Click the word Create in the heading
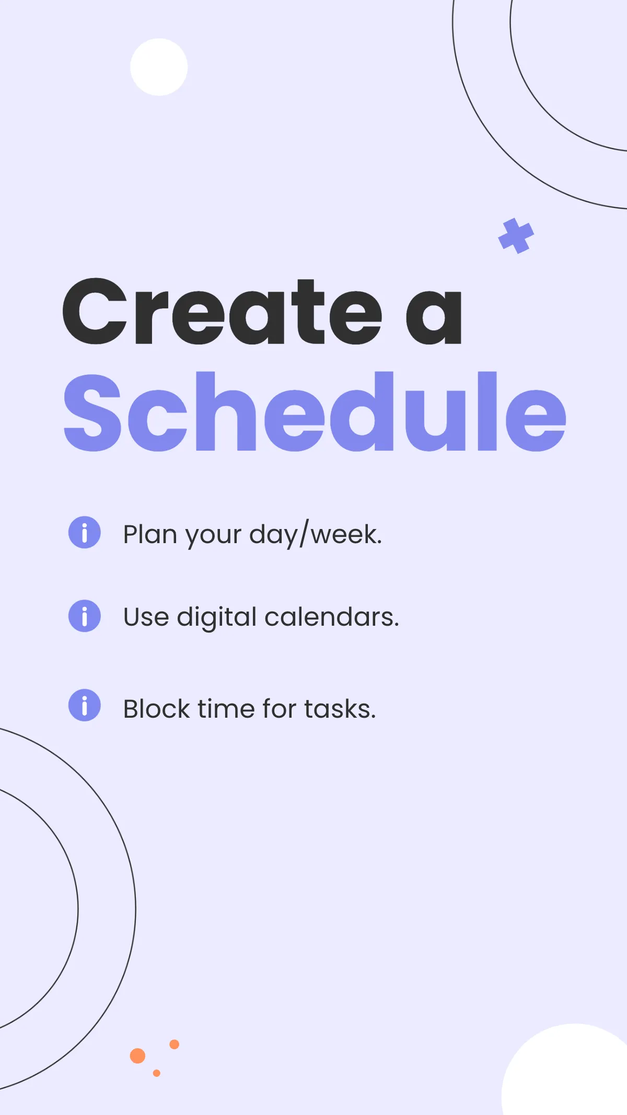[x=222, y=312]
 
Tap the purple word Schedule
[x=315, y=412]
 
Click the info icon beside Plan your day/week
[x=85, y=532]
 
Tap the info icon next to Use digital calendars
[x=85, y=616]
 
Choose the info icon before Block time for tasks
[x=85, y=705]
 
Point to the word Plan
[x=150, y=534]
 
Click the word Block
[x=156, y=709]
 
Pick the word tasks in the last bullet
[x=340, y=709]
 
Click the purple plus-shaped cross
[x=516, y=236]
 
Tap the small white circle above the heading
[x=159, y=67]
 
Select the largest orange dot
[x=137, y=1056]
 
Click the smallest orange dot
[x=157, y=1073]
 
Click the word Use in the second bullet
[x=146, y=617]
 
